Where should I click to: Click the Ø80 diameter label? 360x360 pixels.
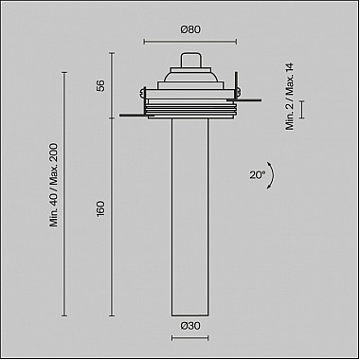pyautogui.click(x=190, y=29)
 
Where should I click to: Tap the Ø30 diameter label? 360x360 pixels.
pyautogui.click(x=190, y=326)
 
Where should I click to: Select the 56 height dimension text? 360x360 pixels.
pyautogui.click(x=100, y=85)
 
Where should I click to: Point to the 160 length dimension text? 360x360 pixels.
pyautogui.click(x=100, y=208)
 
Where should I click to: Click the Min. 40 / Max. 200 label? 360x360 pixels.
pyautogui.click(x=54, y=185)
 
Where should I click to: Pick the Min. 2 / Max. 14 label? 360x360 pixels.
pyautogui.click(x=290, y=97)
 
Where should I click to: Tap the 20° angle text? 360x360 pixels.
pyautogui.click(x=258, y=175)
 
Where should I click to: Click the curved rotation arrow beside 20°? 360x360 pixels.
pyautogui.click(x=271, y=175)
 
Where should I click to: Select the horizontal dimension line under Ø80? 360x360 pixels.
pyautogui.click(x=190, y=42)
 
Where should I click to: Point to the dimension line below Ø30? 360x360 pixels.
pyautogui.click(x=189, y=338)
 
